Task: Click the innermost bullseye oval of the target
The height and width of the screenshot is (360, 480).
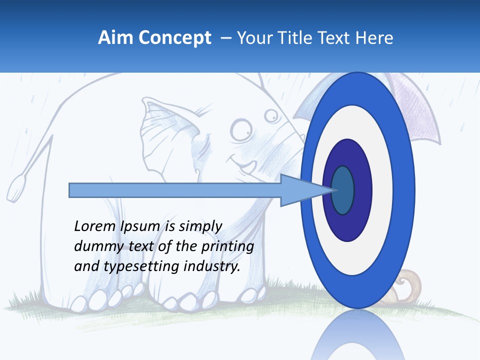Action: [342, 190]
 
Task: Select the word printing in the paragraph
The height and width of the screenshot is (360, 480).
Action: [227, 246]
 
